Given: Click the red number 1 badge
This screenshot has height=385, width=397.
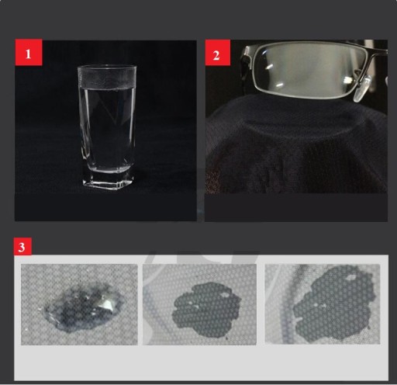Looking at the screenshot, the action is click(x=29, y=52).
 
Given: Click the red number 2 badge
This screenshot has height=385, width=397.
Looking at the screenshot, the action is click(x=218, y=53).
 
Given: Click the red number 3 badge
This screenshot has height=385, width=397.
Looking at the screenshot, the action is click(x=22, y=246).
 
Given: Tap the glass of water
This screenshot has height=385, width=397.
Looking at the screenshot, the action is click(x=108, y=127).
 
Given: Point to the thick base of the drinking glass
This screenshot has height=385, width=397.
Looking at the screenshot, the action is click(x=108, y=180).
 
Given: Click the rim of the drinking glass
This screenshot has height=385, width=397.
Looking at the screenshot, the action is click(x=107, y=68).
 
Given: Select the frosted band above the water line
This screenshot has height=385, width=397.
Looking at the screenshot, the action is click(x=107, y=80).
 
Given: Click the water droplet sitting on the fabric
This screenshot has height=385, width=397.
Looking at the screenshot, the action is click(x=83, y=307).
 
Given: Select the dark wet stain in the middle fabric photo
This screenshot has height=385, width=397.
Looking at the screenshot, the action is click(x=205, y=310).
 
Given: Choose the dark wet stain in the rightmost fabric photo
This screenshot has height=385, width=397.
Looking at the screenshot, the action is click(x=334, y=303).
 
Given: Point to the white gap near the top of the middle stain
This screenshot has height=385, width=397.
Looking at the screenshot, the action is click(x=225, y=294).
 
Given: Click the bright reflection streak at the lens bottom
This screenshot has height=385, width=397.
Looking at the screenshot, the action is click(x=279, y=85).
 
